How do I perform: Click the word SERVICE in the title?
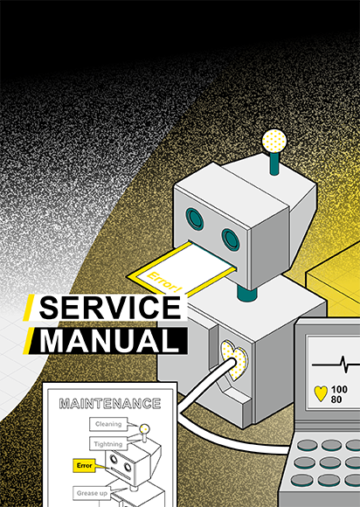(110, 308)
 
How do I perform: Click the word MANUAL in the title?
(109, 341)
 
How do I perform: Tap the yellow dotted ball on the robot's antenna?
(274, 141)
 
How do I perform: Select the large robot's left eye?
(195, 219)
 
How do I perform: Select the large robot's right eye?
(231, 240)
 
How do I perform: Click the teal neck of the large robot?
(247, 292)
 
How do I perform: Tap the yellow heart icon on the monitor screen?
(321, 393)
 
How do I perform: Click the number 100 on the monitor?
(339, 389)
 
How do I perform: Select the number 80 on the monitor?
(336, 399)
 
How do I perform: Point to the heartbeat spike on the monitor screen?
(344, 365)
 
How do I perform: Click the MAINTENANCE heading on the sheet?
(110, 404)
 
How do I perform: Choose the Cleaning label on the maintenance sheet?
(108, 424)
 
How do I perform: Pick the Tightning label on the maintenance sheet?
(108, 444)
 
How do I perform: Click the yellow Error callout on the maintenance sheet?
(85, 466)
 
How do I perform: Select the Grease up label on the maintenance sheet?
(92, 493)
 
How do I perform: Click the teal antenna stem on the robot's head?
(274, 163)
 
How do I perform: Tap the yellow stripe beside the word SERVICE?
(29, 308)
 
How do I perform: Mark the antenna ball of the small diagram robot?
(144, 429)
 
